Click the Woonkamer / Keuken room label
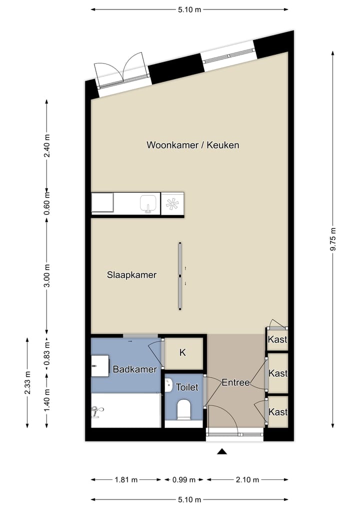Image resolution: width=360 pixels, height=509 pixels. coord(192,145)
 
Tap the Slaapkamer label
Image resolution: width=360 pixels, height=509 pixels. coord(132,275)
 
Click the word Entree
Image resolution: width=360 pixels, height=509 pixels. coord(235,382)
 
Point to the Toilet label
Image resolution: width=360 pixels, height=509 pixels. coord(187,387)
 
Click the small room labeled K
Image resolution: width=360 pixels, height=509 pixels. coord(183,352)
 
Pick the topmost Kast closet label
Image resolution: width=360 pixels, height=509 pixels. coord(277,340)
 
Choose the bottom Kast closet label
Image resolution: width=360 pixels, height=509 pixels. coord(278,412)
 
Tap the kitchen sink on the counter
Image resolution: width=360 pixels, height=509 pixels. coord(147,203)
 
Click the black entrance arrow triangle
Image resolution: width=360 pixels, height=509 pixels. coord(222,452)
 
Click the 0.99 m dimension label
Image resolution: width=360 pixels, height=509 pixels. coord(184,480)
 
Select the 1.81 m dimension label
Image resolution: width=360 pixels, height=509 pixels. coord(126,480)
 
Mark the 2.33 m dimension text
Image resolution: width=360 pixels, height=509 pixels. coord(27,382)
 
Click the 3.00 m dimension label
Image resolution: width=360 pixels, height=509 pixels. coord(47,275)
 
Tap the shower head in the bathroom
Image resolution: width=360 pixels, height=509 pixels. coord(96,411)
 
